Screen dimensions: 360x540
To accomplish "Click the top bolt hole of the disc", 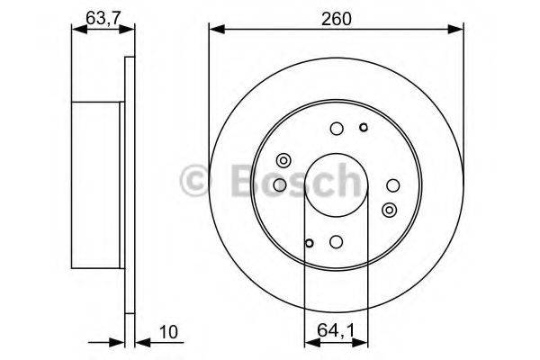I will (x=336, y=129).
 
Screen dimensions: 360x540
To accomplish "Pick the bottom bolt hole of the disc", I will (x=336, y=240).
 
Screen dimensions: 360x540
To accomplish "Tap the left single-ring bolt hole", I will (x=280, y=184).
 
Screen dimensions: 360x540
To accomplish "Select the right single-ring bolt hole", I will (x=391, y=184).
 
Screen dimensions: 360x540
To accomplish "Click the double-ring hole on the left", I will (x=282, y=161).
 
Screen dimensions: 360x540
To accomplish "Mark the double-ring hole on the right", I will (x=389, y=209).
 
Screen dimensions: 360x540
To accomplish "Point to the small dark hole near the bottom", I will (x=309, y=242).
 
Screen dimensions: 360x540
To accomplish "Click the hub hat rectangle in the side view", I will (x=95, y=184).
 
